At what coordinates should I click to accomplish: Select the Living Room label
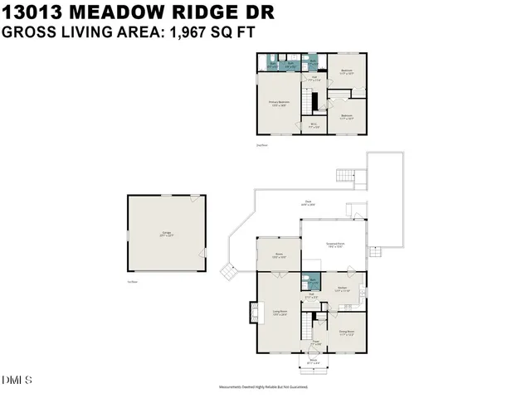(x=280, y=313)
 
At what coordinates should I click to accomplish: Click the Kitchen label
(x=342, y=289)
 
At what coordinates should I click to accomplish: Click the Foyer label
(x=315, y=342)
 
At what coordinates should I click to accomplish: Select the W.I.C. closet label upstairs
(x=314, y=125)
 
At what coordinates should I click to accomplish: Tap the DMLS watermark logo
(x=17, y=381)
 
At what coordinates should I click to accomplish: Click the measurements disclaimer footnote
(x=263, y=387)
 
